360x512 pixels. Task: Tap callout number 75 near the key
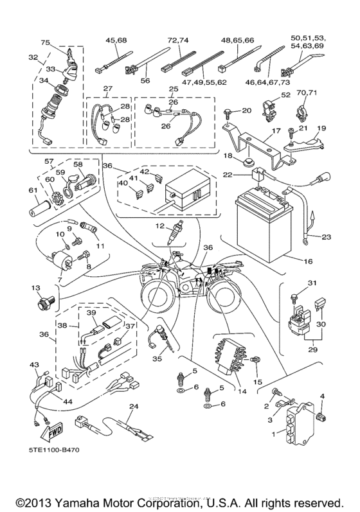(45, 44)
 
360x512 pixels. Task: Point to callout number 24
(134, 406)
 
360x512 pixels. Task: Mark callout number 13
(35, 288)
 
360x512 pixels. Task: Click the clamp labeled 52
(269, 103)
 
